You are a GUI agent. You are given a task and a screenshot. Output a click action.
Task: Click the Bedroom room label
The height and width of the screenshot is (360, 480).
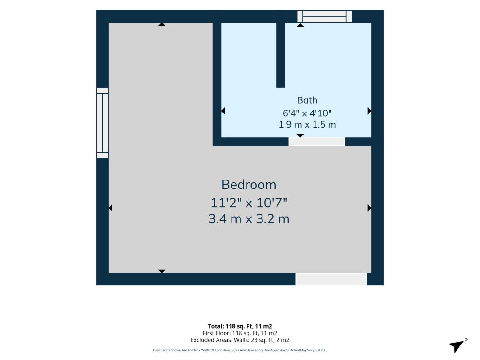248,185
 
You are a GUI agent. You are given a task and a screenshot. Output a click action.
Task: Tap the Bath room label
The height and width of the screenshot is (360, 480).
307,100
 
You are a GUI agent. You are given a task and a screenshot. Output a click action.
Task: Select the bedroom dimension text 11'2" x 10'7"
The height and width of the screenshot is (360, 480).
249,202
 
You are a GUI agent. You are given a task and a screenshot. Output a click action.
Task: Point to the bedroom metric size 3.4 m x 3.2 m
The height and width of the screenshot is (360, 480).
249,219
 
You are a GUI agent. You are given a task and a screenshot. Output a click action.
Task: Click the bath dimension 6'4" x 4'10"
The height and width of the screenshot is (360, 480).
307,113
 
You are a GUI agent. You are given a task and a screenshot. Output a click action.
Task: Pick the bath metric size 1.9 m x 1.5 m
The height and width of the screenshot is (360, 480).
307,125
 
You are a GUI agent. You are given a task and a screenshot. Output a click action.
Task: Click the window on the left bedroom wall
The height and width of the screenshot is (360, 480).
102,123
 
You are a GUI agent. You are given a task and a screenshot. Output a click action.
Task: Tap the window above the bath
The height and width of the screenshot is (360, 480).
324,16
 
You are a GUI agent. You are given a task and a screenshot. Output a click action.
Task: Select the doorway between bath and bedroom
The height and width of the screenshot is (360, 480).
316,142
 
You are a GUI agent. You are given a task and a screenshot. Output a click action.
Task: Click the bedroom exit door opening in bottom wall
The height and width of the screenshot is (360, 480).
331,279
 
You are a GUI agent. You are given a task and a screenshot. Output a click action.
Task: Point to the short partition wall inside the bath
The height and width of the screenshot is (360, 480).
280,55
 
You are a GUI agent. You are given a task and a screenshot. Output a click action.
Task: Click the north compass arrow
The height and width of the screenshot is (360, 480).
457,346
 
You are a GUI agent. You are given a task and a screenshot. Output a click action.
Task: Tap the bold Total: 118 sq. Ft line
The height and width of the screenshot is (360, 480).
240,326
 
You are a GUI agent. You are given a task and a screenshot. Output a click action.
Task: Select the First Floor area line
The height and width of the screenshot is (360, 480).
240,333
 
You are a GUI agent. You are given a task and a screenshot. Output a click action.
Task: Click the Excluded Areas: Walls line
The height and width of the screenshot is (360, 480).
240,340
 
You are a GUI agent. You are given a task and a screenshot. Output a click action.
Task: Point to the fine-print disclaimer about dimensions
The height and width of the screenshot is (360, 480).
240,350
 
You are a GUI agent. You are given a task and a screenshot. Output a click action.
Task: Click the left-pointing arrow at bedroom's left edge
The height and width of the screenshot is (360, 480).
111,208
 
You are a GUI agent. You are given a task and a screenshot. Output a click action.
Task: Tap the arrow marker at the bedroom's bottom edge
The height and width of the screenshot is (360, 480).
162,271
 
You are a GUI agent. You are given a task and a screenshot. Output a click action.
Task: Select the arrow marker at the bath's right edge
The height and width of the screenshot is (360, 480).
369,111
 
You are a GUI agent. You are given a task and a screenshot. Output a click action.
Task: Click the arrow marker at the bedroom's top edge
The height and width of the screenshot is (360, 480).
162,24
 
